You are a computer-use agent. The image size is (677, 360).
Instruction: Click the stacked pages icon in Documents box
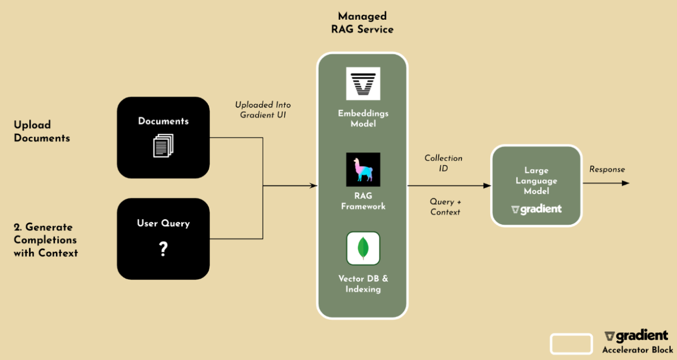tap(163, 145)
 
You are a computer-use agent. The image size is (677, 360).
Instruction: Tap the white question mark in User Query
tap(163, 250)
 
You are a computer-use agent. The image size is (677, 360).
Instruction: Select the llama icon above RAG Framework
tap(363, 169)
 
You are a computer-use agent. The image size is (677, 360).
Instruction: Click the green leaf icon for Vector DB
tap(363, 248)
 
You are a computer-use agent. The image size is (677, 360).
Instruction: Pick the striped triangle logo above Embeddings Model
tap(363, 83)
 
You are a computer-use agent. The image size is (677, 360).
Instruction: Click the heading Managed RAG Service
tap(362, 23)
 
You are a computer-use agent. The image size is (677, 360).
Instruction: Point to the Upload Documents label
tap(42, 131)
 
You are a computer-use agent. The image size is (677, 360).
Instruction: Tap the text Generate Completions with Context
tap(45, 239)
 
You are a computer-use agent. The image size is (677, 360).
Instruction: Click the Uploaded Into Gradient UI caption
tap(263, 110)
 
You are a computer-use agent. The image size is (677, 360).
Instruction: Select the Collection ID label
tap(443, 163)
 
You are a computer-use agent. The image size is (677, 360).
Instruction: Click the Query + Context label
tap(445, 207)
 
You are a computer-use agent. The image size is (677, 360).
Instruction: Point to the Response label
tap(607, 169)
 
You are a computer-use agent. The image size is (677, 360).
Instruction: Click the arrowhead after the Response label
tap(625, 183)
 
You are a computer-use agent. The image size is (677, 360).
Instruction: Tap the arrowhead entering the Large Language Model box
tap(486, 186)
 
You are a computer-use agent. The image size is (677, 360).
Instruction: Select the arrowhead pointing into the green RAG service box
tap(313, 186)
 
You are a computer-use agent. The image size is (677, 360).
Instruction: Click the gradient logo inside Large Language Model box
tap(536, 209)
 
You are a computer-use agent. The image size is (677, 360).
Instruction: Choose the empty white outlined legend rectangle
tap(571, 344)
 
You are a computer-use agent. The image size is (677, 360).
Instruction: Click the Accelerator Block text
tap(637, 350)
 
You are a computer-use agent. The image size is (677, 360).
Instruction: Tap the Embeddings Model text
tap(363, 118)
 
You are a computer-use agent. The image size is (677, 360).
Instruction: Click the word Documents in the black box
tap(163, 121)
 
